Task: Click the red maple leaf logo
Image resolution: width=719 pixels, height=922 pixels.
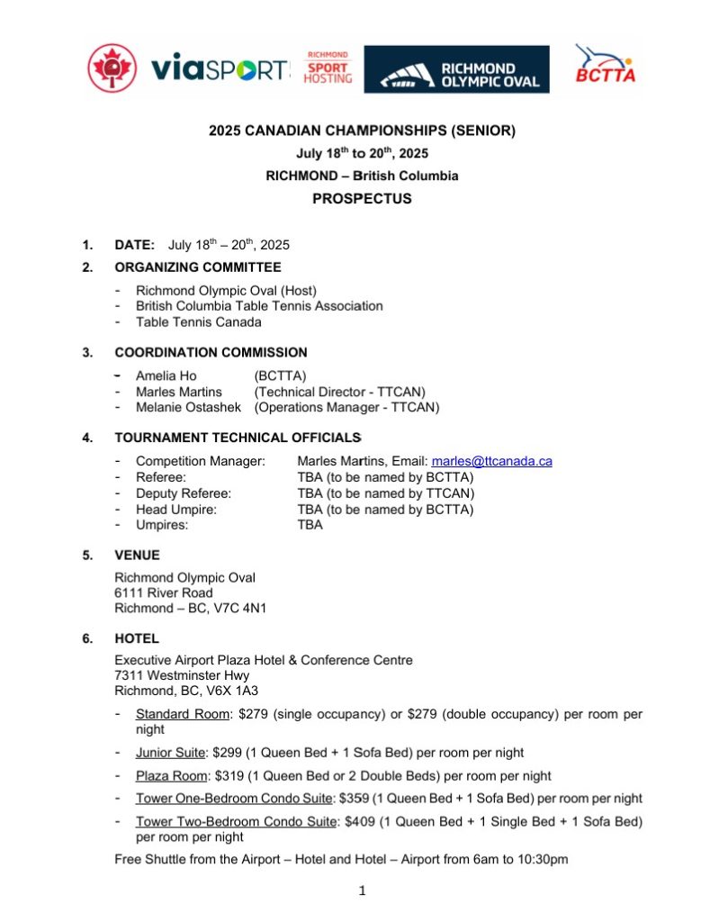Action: point(112,69)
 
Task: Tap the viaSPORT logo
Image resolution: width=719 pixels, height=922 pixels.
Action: point(221,69)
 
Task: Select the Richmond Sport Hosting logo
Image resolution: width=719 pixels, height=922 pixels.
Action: point(328,68)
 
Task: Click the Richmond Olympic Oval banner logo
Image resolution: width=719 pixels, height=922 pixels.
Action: point(456,70)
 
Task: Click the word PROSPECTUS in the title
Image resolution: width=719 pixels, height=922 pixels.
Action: point(362,199)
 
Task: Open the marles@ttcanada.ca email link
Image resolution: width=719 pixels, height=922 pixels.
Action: point(492,461)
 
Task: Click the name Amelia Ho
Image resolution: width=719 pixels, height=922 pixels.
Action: point(166,375)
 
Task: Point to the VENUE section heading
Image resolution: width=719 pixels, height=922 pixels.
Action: point(137,556)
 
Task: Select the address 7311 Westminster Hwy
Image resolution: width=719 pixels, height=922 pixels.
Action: point(182,675)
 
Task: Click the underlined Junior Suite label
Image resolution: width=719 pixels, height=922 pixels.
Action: point(170,753)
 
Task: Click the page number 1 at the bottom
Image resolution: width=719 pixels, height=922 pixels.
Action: point(361,891)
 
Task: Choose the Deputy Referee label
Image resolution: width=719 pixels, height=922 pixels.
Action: point(184,493)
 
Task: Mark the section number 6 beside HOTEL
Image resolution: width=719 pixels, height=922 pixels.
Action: point(86,639)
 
